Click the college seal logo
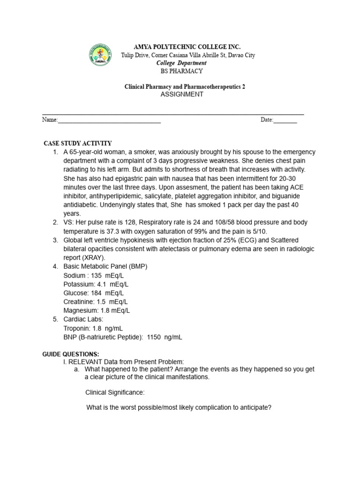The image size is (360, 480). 100,55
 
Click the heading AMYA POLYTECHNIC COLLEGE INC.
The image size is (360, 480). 187,47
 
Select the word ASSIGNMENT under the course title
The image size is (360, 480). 182,94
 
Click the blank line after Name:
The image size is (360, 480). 109,120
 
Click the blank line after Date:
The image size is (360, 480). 285,120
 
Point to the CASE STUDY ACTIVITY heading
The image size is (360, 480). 78,143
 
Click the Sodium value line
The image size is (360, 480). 90,275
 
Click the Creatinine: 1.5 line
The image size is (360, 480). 95,301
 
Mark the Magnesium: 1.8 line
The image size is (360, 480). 97,310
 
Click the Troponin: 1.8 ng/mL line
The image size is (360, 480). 93,328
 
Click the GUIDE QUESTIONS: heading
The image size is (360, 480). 71,354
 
